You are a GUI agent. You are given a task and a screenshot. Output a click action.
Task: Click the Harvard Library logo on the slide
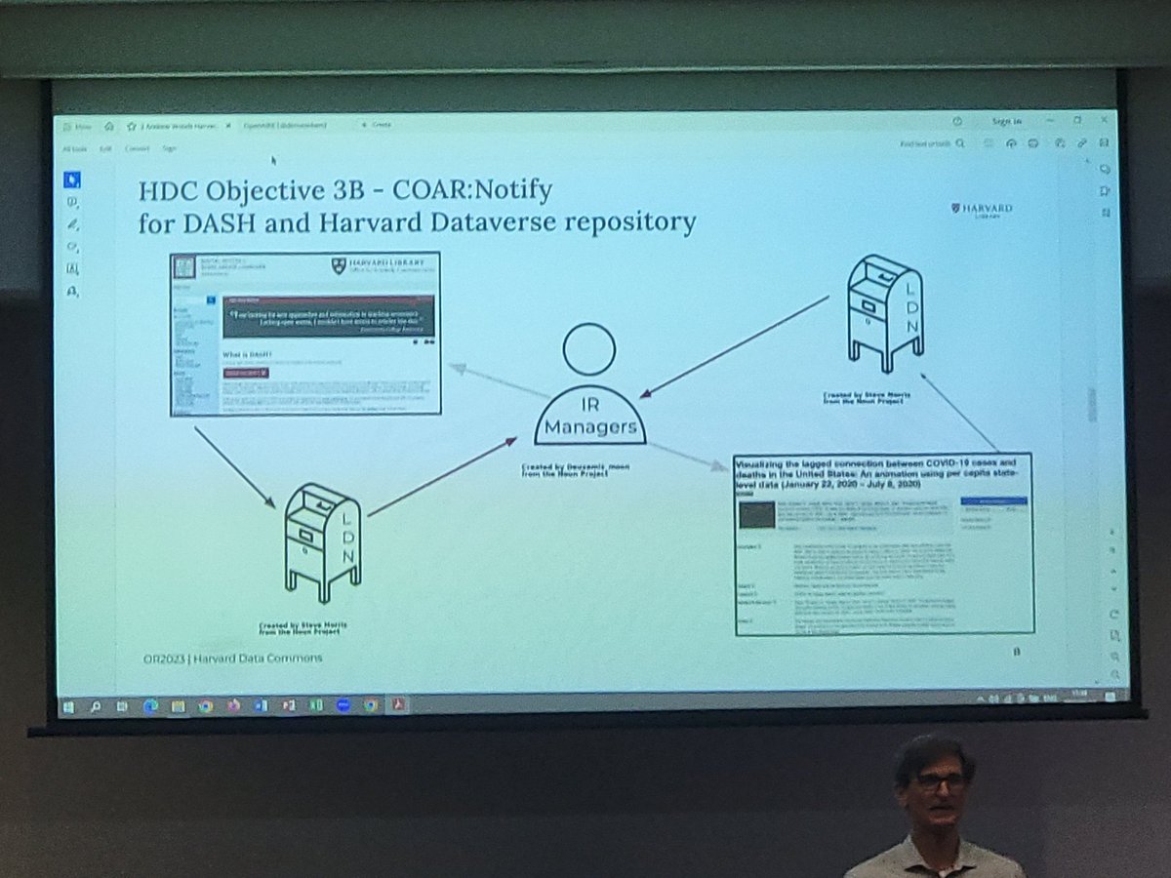coord(981,211)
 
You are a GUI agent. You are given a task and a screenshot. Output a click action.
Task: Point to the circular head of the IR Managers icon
coord(588,348)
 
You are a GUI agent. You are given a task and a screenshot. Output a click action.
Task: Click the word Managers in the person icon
coord(590,426)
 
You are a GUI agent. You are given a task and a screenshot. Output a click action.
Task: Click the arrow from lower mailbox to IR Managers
coord(441,476)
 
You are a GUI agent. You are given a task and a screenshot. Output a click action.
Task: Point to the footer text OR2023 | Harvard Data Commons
coord(231,658)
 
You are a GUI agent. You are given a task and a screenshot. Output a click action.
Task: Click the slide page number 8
coord(1016,652)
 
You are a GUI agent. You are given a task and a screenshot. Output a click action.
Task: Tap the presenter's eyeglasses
coord(938,780)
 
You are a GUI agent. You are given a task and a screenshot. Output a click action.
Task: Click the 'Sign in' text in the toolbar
coord(1005,121)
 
